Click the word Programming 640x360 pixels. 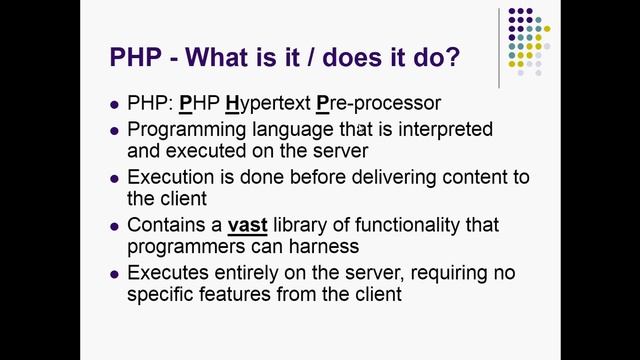185,129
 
